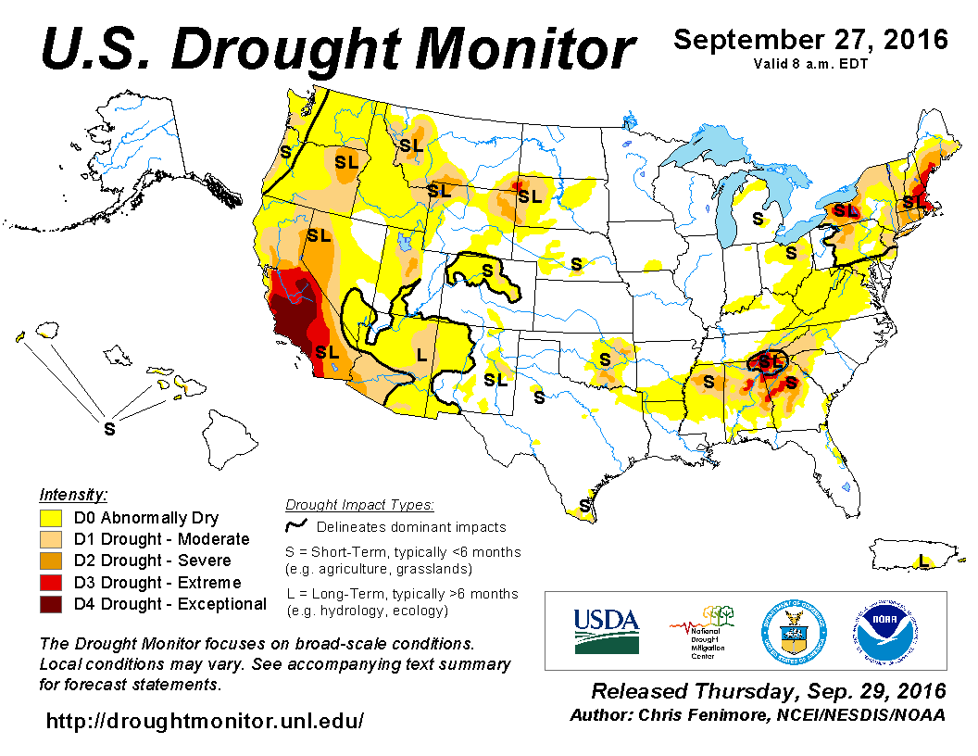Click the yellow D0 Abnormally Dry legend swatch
click(x=51, y=518)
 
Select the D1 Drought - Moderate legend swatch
click(x=51, y=539)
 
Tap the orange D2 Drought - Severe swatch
click(x=51, y=561)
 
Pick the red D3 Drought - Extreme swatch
click(x=51, y=583)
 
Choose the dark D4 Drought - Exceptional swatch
click(x=51, y=604)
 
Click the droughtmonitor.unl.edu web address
click(x=204, y=720)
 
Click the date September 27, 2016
click(x=810, y=40)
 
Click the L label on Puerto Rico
click(x=922, y=561)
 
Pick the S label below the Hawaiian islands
click(x=109, y=429)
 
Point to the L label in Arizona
click(x=421, y=354)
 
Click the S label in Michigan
click(x=758, y=219)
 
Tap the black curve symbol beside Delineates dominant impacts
click(x=297, y=526)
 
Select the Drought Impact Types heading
click(x=359, y=505)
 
